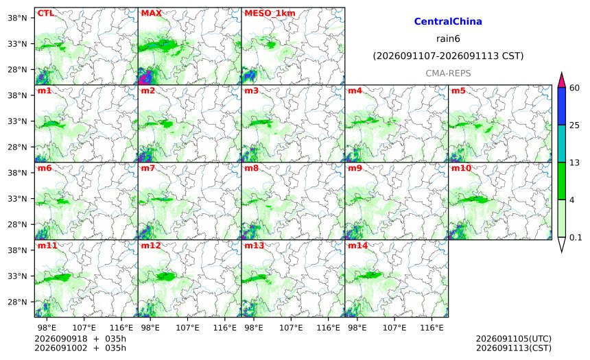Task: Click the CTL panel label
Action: tap(45, 13)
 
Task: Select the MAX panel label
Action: tap(151, 13)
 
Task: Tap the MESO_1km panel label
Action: tap(270, 14)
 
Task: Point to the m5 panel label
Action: tap(458, 91)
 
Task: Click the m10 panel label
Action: tap(461, 168)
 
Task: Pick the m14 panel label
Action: tap(357, 245)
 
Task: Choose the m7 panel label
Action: tap(148, 168)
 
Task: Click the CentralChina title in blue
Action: tap(448, 21)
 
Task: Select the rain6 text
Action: tap(448, 39)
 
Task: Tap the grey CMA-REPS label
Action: tap(448, 73)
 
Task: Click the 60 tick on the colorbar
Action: tap(574, 88)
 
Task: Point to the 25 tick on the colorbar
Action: tap(574, 125)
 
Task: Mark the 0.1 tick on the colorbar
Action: tap(576, 237)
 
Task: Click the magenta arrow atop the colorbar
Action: tap(561, 80)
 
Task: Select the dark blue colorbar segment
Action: tap(561, 106)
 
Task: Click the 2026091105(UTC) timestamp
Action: tap(514, 339)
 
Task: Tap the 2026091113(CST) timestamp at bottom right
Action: tap(514, 348)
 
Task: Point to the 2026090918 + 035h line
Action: tap(80, 339)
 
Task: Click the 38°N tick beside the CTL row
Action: tap(17, 18)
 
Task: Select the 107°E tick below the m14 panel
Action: tap(394, 328)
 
